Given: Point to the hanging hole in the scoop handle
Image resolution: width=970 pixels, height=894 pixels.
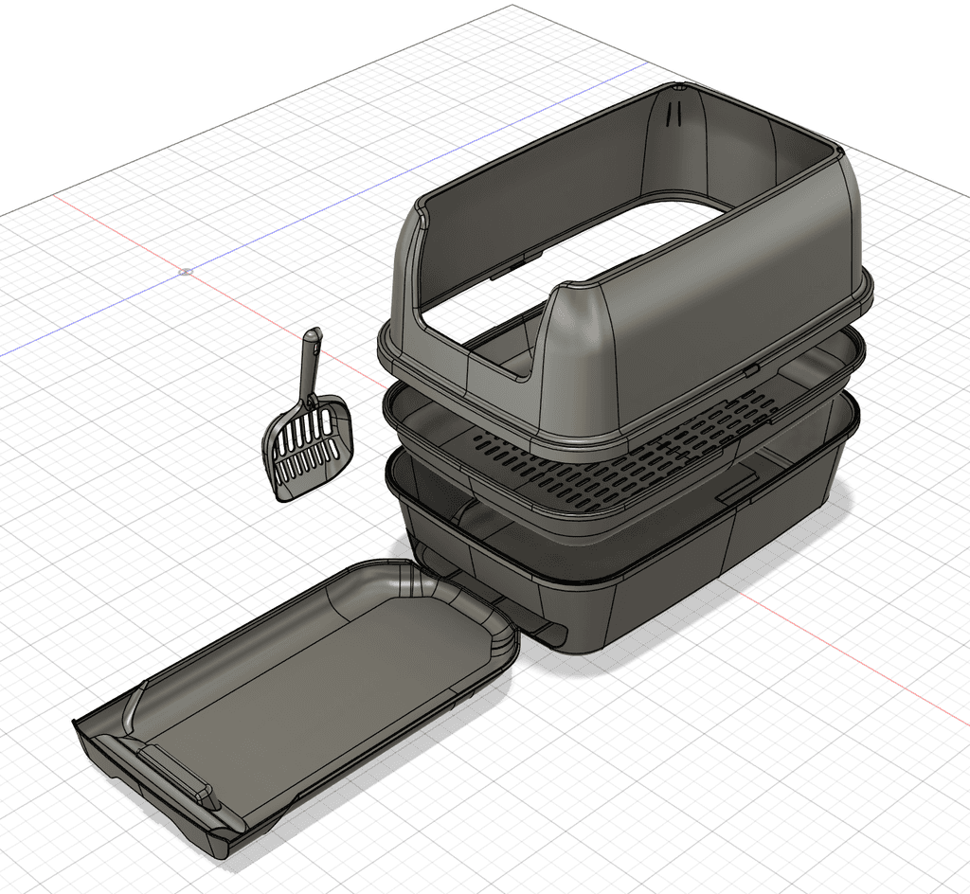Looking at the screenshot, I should tap(313, 337).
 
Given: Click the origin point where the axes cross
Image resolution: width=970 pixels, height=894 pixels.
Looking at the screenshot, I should tap(186, 272).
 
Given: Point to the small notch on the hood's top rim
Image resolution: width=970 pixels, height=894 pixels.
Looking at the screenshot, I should tap(679, 86).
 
